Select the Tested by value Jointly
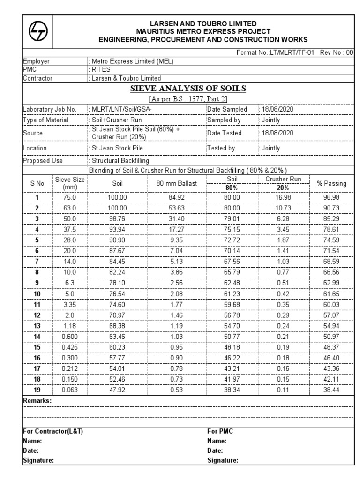pos(270,148)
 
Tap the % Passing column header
pos(331,184)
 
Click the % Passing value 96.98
pos(331,197)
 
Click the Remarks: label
pos(37,401)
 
